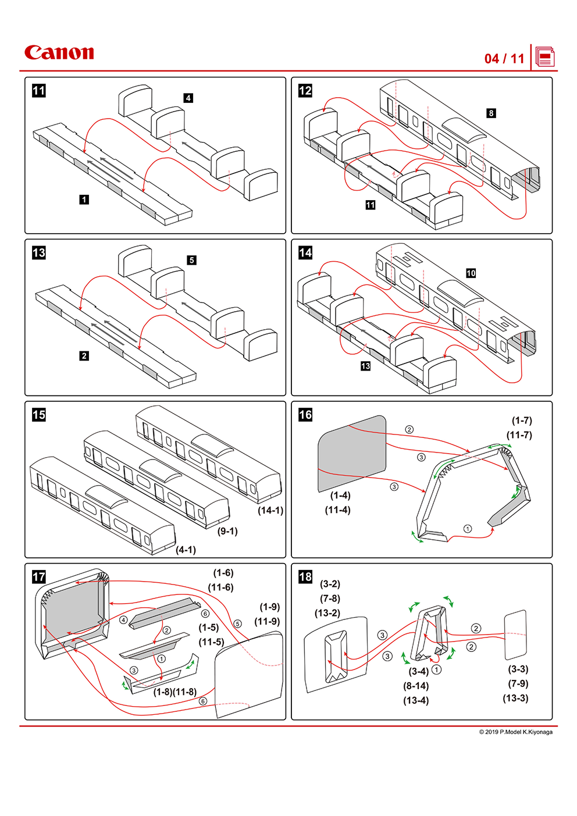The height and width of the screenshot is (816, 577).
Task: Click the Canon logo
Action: tap(59, 53)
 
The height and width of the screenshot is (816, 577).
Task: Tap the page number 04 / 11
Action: tap(504, 58)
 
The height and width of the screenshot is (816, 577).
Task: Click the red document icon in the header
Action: tap(545, 57)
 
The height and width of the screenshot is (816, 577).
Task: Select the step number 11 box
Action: tap(38, 91)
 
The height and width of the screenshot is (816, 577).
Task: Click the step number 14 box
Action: tap(305, 252)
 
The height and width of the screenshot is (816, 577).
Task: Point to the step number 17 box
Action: tap(38, 576)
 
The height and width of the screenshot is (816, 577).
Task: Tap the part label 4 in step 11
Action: tap(188, 98)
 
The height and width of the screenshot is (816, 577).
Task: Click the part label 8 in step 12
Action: tap(491, 113)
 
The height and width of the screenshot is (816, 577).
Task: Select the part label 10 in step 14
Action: tap(471, 273)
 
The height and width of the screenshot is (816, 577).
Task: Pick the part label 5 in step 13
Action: tap(191, 260)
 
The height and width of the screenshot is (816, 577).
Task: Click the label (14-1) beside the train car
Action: tap(270, 510)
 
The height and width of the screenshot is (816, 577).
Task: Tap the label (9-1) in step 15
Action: tap(227, 531)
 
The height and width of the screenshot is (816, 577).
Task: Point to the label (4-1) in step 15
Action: tap(186, 550)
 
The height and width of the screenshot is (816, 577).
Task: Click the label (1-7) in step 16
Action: tap(522, 421)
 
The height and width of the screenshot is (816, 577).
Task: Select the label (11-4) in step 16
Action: tap(337, 510)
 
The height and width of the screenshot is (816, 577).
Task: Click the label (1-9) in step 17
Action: tap(269, 607)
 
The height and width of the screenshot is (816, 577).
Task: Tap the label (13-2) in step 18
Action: tap(327, 613)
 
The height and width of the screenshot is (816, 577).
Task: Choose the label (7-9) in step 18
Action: tap(518, 683)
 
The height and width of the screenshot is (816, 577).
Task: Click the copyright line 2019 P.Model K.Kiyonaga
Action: tap(516, 732)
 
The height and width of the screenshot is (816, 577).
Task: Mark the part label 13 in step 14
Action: tap(365, 366)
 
